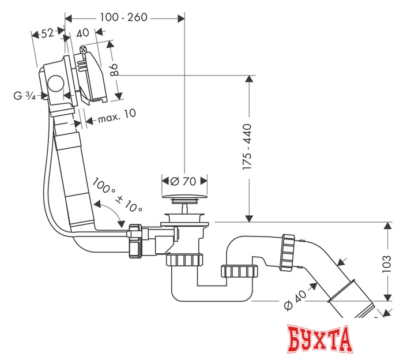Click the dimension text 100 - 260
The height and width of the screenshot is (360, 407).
point(123,17)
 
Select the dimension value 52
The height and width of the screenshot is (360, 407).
point(47,33)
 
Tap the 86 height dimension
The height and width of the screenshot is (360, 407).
point(114,70)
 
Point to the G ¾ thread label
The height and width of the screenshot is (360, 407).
point(24,96)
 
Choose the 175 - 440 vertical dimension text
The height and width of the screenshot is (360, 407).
point(247,147)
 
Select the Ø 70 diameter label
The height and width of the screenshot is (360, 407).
point(183,181)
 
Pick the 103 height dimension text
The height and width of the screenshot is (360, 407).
point(386,262)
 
